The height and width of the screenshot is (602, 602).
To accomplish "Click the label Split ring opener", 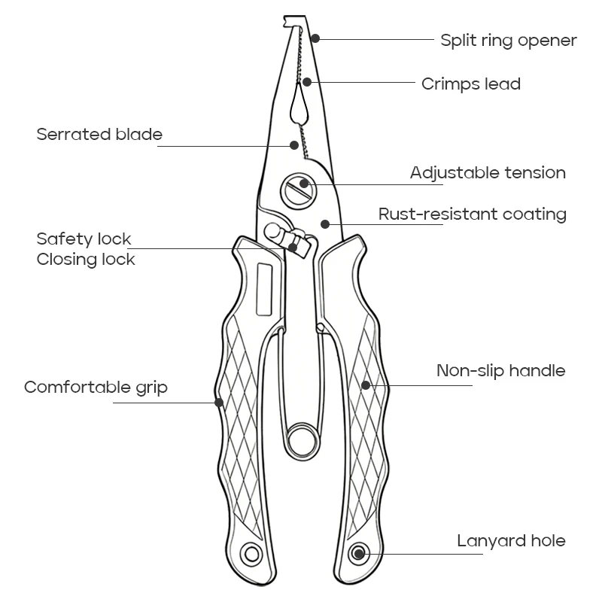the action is (509, 41).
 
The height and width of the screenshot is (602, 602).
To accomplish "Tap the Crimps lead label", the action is (471, 84).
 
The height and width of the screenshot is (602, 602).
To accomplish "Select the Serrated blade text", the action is (99, 135).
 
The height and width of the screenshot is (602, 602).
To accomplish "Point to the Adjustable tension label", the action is (488, 173).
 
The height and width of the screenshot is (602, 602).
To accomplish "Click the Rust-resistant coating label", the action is (473, 214).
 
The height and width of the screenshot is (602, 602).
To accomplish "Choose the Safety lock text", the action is (84, 239).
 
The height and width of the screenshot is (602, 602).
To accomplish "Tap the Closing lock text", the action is (86, 259).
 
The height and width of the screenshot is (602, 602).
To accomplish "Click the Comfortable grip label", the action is (96, 388).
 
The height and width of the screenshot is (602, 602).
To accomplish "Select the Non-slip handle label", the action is (501, 370).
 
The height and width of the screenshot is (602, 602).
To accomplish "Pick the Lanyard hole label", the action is (512, 540).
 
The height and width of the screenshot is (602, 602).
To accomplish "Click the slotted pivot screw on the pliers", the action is (299, 191).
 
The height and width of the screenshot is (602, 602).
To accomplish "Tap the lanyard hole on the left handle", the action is (251, 554).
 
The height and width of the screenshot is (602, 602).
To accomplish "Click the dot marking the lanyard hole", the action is (359, 554).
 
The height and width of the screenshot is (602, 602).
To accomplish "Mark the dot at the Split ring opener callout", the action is (315, 38).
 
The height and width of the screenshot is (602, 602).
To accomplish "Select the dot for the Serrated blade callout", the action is (294, 145).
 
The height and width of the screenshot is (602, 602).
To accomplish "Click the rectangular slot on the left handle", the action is (265, 290).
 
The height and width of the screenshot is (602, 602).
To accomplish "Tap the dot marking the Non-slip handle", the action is (366, 385).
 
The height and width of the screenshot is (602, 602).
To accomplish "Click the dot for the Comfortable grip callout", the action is (219, 403).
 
